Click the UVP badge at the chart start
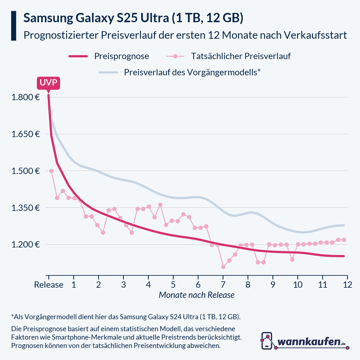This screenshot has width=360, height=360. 48,83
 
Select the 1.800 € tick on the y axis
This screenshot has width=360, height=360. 25,97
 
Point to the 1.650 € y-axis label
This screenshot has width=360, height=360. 25,134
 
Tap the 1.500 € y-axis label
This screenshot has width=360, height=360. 25,171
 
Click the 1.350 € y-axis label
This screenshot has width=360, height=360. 25,208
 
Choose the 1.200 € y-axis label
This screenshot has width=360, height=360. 25,244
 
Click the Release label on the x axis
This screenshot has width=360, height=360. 49,284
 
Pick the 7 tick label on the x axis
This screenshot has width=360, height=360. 223,284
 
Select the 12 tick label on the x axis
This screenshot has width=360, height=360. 347,284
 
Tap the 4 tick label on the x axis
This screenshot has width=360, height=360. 148,284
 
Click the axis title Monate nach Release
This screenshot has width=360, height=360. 196,295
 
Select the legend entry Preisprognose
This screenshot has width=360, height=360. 121,56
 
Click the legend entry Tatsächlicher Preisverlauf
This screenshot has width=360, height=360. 241,56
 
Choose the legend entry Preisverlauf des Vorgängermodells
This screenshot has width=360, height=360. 192,72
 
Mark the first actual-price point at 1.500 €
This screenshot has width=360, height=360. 51,171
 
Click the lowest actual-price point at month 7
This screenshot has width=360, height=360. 223,267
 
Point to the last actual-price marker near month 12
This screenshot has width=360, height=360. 344,240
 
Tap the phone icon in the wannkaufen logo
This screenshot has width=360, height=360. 267,341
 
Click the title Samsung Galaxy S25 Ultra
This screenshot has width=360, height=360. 133,18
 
